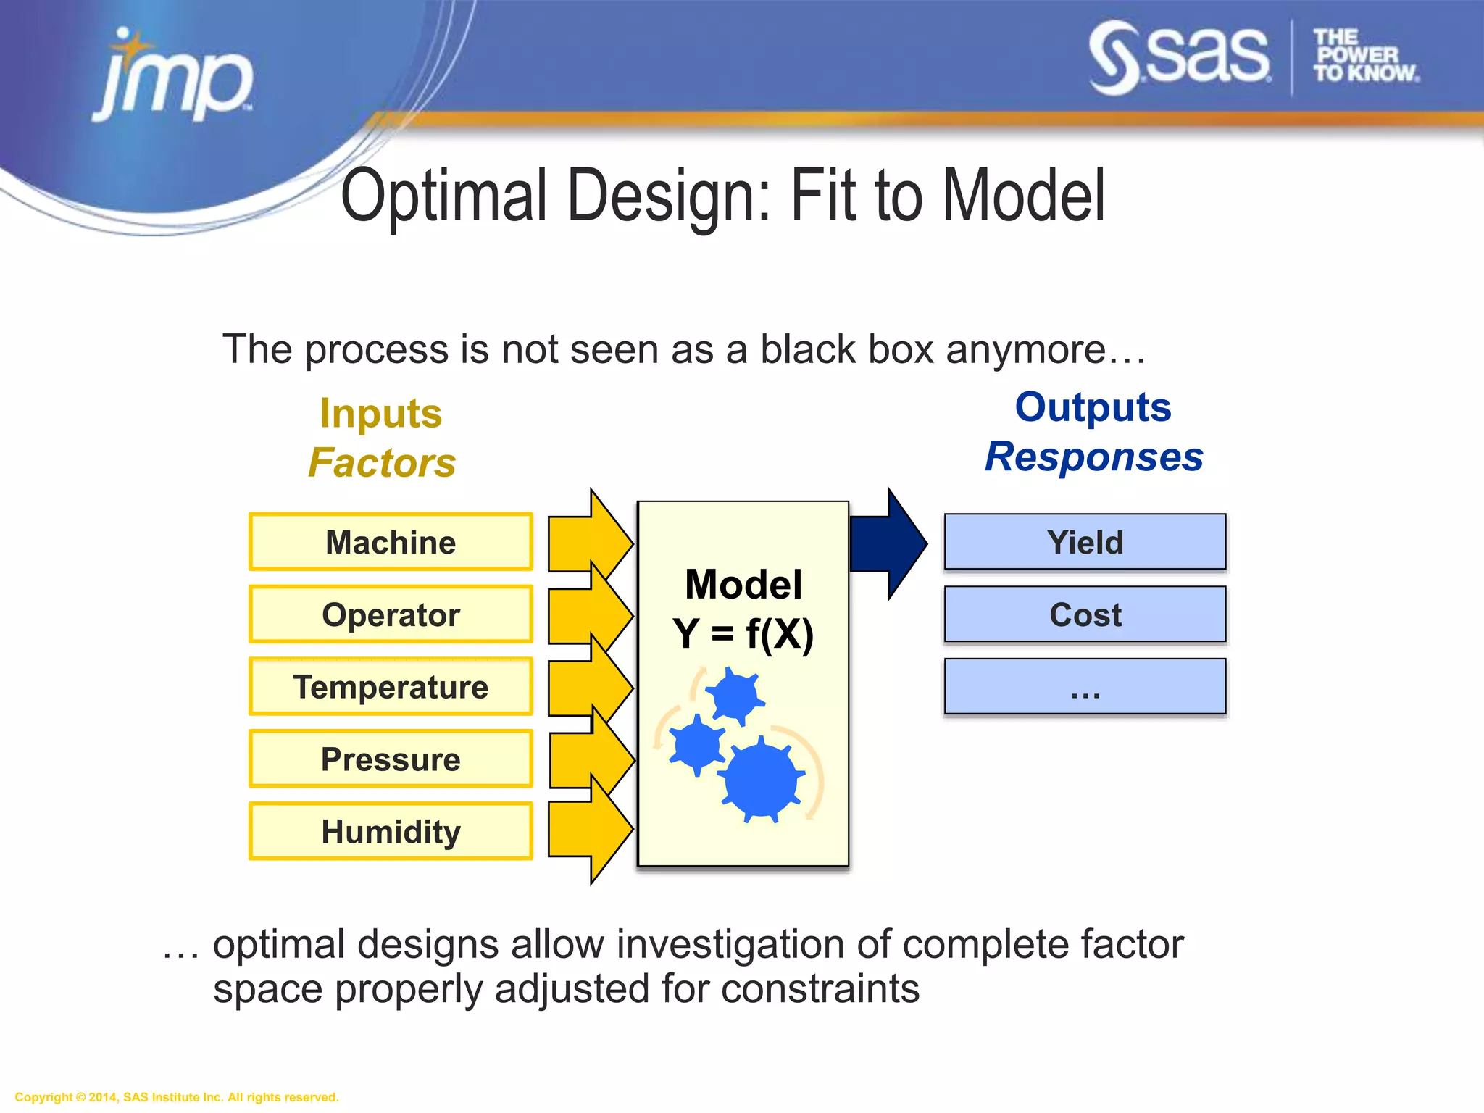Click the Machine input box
tap(391, 542)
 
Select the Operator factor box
tap(391, 614)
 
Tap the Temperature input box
tap(391, 687)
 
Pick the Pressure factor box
tap(391, 759)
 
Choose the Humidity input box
tap(391, 831)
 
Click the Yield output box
tap(1085, 542)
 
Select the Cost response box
tap(1085, 614)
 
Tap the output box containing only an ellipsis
tap(1085, 687)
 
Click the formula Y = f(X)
tap(743, 633)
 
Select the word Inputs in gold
tap(381, 414)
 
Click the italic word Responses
tap(1094, 457)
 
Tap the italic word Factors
tap(382, 463)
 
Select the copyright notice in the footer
tap(177, 1097)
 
